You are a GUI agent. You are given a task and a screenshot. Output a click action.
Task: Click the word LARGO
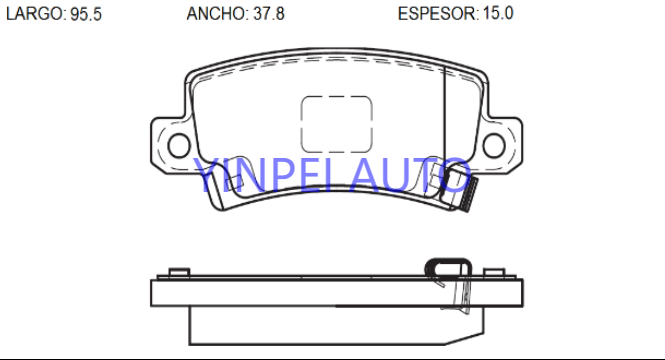coord(34,14)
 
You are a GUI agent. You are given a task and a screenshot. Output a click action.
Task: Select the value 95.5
coord(86,14)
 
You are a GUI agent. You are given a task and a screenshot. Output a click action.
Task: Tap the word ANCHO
coord(216,14)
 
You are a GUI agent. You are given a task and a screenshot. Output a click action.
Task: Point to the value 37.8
coord(269,14)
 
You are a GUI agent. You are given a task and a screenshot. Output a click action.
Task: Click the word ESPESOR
coord(437,14)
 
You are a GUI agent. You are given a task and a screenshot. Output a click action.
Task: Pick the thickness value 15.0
coord(498,14)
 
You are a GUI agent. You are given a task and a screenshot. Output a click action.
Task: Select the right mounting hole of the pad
coord(494,145)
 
